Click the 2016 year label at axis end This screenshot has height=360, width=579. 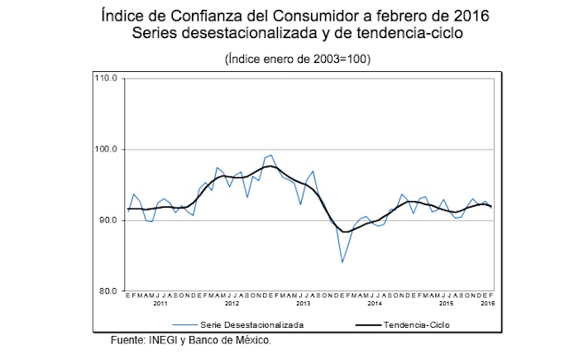[487, 306]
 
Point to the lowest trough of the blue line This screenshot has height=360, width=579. [342, 262]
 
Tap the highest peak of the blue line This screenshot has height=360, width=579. [271, 155]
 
